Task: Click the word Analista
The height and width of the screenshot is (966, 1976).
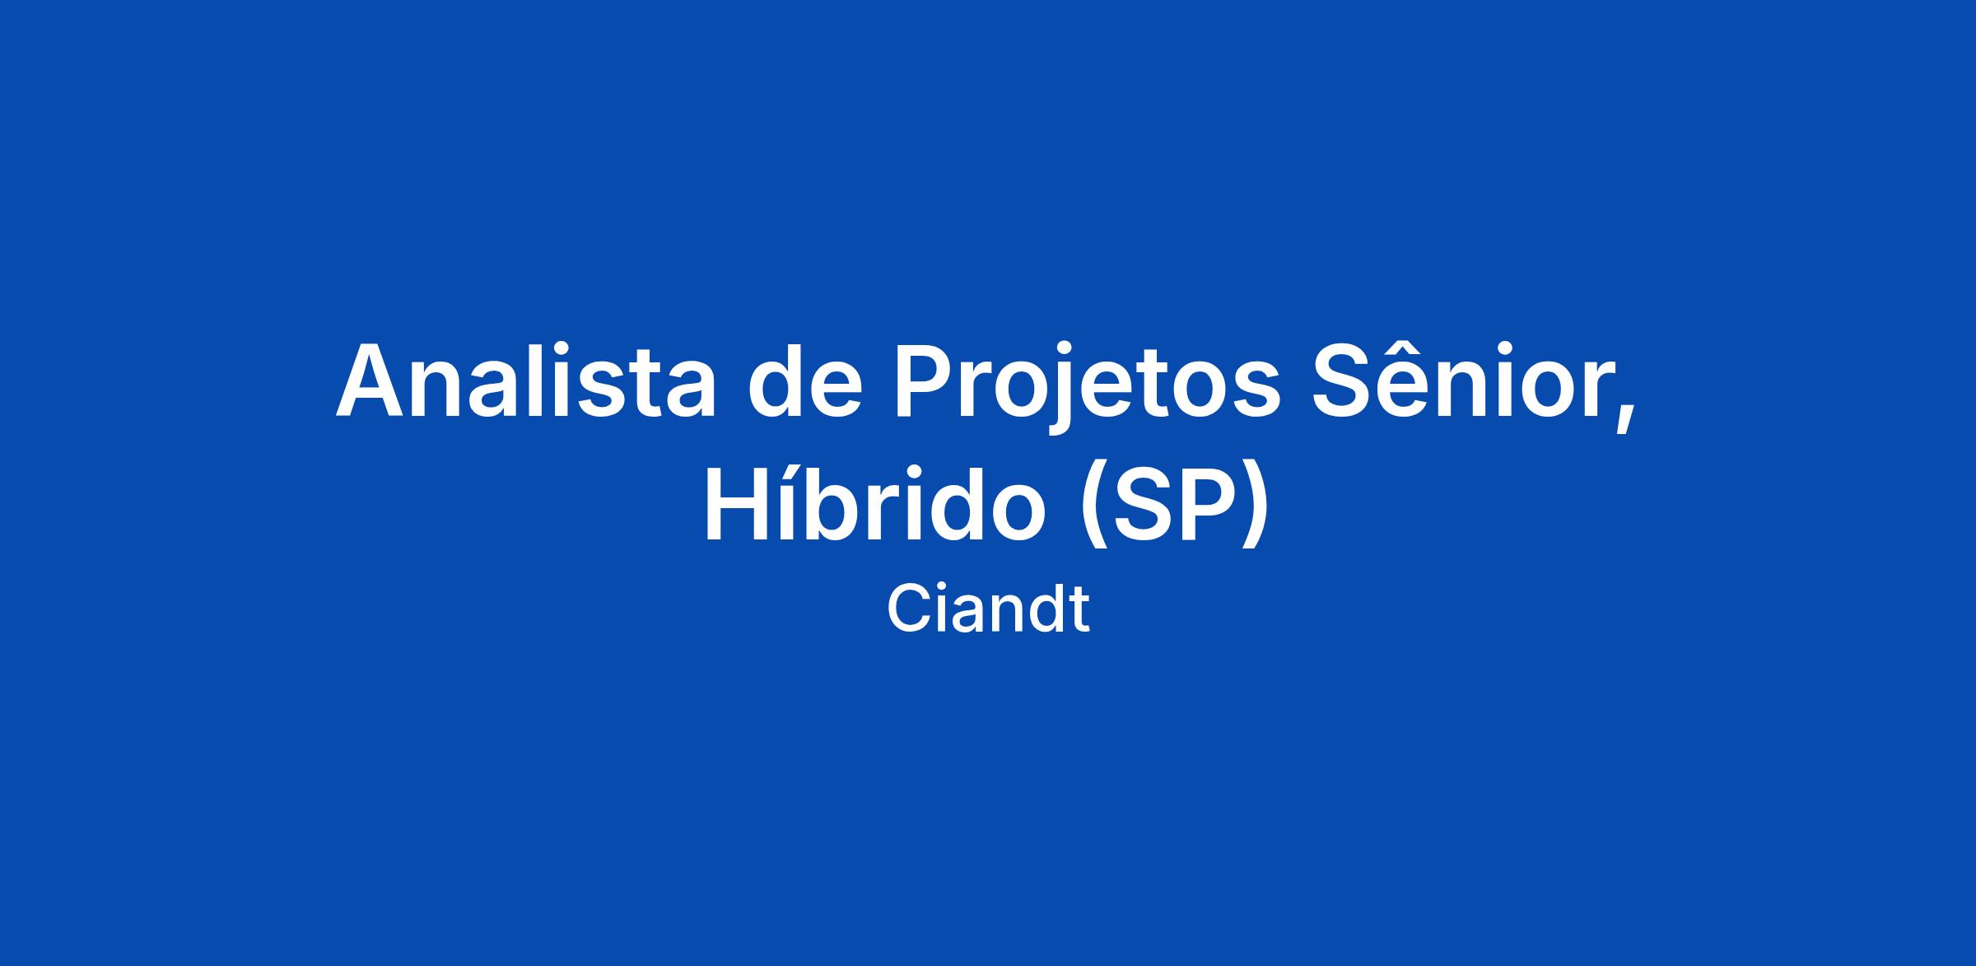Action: coord(525,380)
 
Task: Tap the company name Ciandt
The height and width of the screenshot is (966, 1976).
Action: coord(988,609)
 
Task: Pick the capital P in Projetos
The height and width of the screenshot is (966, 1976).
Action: coord(925,380)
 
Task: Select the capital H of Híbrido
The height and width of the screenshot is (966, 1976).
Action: coord(737,502)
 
